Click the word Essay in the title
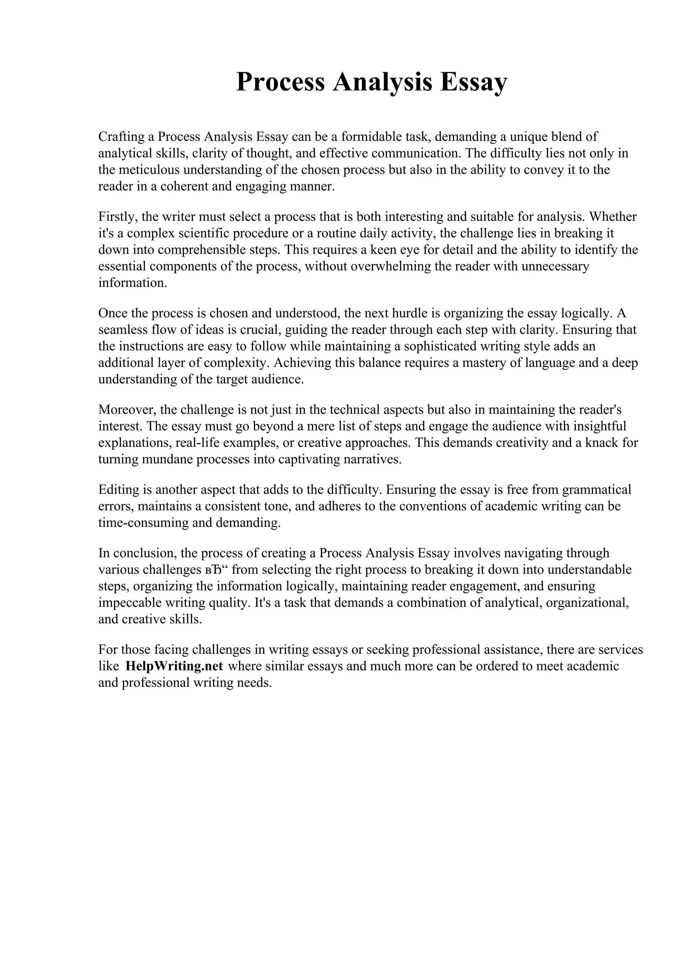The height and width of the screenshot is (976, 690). [473, 82]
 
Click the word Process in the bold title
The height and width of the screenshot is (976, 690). [280, 82]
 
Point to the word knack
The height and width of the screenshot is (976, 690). [601, 443]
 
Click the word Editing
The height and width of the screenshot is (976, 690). [119, 490]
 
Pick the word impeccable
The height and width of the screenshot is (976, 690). [130, 603]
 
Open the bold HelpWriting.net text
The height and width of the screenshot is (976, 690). [174, 666]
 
